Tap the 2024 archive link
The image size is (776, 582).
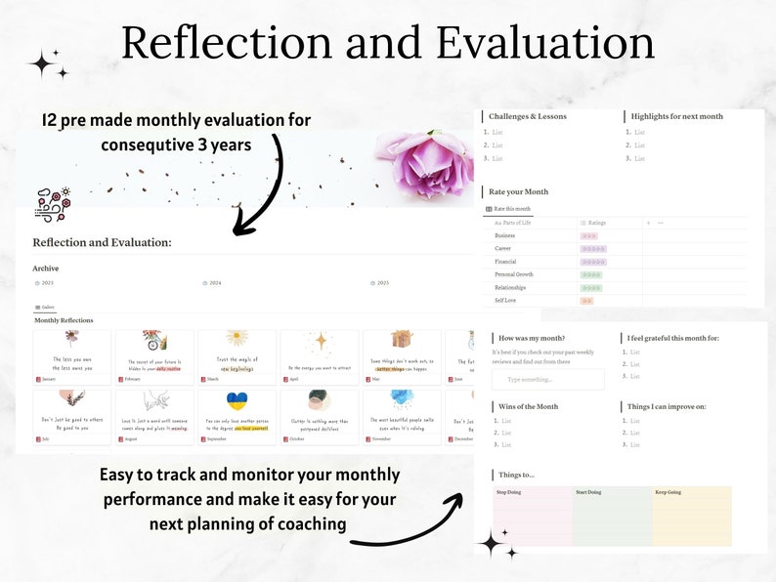click(x=213, y=283)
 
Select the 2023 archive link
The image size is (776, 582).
click(x=46, y=283)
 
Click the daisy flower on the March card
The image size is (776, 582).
click(x=237, y=339)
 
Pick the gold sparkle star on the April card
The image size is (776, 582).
click(x=320, y=341)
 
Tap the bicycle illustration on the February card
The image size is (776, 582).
click(x=153, y=341)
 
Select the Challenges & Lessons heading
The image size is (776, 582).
click(x=527, y=116)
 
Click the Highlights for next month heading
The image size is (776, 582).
click(x=676, y=116)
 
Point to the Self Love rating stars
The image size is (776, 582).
click(x=587, y=301)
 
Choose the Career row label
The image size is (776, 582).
click(x=504, y=249)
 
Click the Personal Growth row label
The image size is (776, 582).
click(x=514, y=275)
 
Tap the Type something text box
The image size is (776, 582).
click(x=547, y=379)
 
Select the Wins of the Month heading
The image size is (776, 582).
click(x=529, y=405)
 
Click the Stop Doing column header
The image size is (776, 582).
click(x=510, y=492)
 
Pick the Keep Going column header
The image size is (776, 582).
click(x=669, y=492)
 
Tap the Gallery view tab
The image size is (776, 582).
click(x=46, y=307)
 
